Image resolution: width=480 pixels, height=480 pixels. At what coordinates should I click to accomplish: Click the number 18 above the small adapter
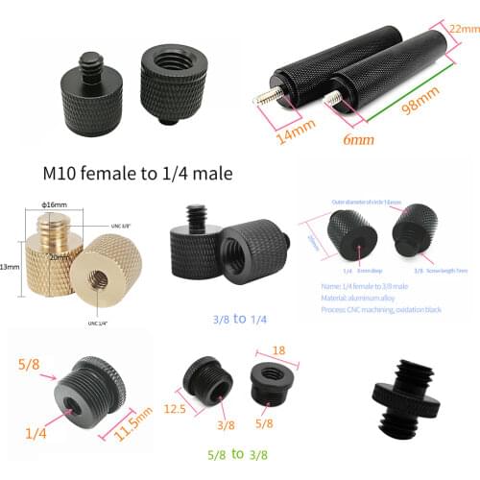pyautogui.click(x=279, y=351)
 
